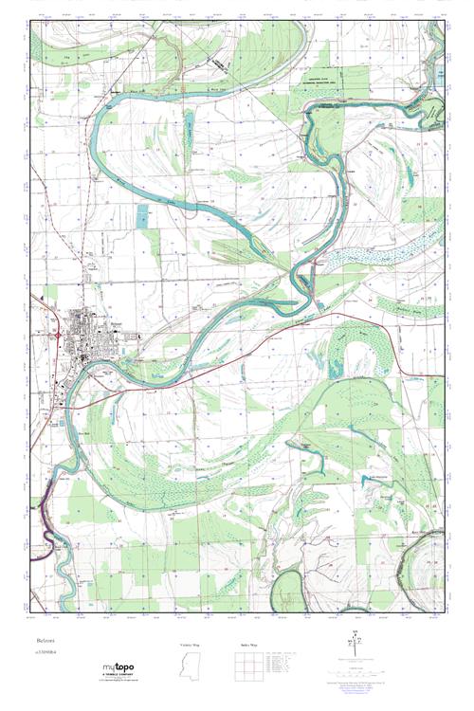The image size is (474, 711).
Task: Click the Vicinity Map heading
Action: pyautogui.click(x=191, y=644)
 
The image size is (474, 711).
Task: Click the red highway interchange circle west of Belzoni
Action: pyautogui.click(x=59, y=334)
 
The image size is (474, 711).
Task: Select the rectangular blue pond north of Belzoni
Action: pyautogui.click(x=142, y=215)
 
